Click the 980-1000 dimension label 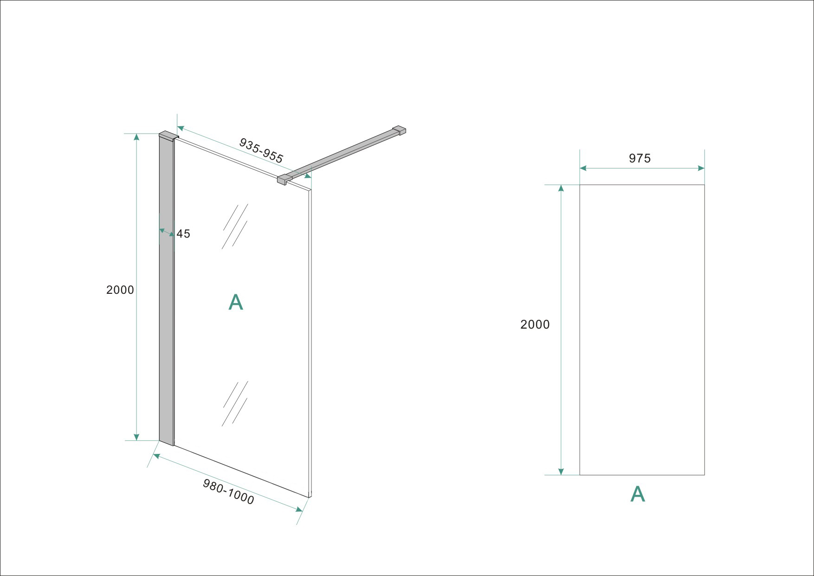tap(228, 492)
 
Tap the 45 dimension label tap(183, 234)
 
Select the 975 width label tap(640, 158)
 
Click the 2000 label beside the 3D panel tap(120, 290)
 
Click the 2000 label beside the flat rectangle tap(535, 324)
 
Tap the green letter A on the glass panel tap(236, 302)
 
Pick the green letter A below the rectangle tap(638, 494)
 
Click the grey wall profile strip tap(166, 290)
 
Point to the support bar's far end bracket tap(399, 130)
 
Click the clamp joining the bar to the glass tap(283, 180)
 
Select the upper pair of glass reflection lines tap(235, 226)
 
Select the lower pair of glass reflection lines tap(235, 403)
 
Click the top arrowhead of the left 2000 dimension tap(136, 136)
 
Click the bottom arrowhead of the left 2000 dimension tap(136, 437)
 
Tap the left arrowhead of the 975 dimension tap(583, 168)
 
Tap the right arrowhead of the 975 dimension tap(701, 168)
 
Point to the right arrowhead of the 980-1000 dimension tap(299, 510)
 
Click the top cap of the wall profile tap(168, 136)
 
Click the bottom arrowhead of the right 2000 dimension tap(561, 472)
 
